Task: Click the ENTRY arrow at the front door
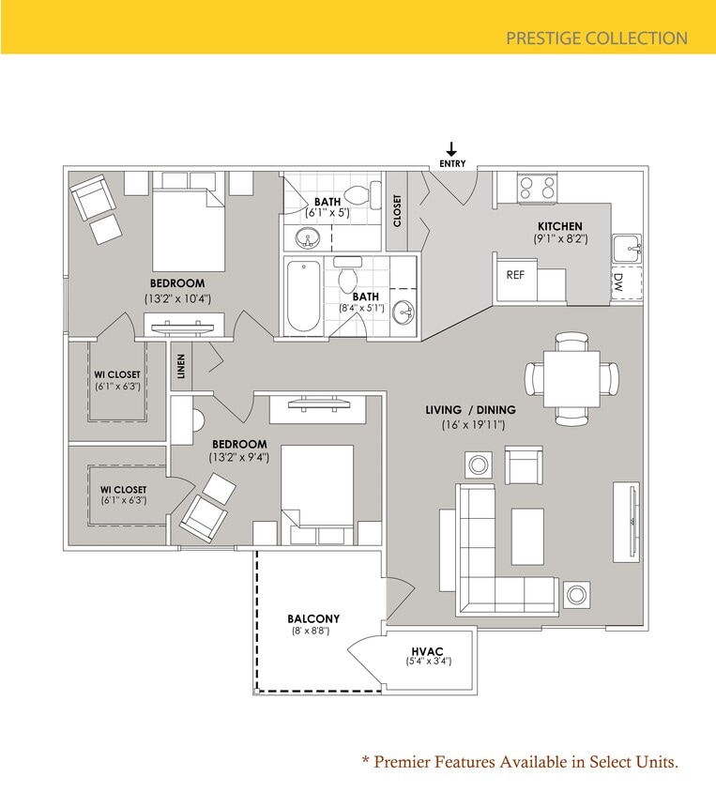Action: [x=451, y=149]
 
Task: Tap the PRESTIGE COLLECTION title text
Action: [x=596, y=38]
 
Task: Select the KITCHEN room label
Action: [x=559, y=226]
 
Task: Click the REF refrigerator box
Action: [x=515, y=276]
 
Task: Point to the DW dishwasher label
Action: [x=617, y=282]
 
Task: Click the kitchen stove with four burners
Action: [x=538, y=186]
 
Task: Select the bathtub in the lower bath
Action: [x=303, y=294]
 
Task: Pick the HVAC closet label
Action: [x=428, y=651]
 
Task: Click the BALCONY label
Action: [x=312, y=618]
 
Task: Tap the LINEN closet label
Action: [x=181, y=366]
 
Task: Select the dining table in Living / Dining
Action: [x=572, y=377]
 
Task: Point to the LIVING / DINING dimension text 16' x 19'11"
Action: [x=475, y=425]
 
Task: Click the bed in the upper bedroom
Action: [x=189, y=228]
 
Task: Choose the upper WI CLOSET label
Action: [x=117, y=374]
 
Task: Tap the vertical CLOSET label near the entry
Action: [x=397, y=210]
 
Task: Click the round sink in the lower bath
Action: [x=404, y=312]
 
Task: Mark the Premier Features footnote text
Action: [x=519, y=761]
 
